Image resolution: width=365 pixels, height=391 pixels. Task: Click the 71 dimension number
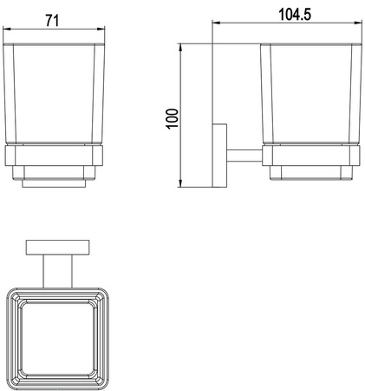(x=52, y=21)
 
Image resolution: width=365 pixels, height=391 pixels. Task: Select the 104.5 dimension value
(x=295, y=15)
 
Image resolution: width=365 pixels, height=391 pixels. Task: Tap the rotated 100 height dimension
(x=173, y=119)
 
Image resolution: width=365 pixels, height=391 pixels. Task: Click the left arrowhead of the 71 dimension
(x=6, y=29)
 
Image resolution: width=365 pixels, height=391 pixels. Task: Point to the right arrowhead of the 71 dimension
(x=101, y=29)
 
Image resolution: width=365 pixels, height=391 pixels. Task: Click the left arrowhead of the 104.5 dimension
(x=216, y=23)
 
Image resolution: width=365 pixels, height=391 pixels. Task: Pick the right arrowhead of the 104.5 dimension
(x=358, y=23)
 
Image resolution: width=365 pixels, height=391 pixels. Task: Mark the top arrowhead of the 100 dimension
(x=180, y=48)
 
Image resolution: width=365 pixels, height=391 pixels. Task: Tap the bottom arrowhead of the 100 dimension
(x=180, y=183)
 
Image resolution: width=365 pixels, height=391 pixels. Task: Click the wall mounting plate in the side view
(x=219, y=156)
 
